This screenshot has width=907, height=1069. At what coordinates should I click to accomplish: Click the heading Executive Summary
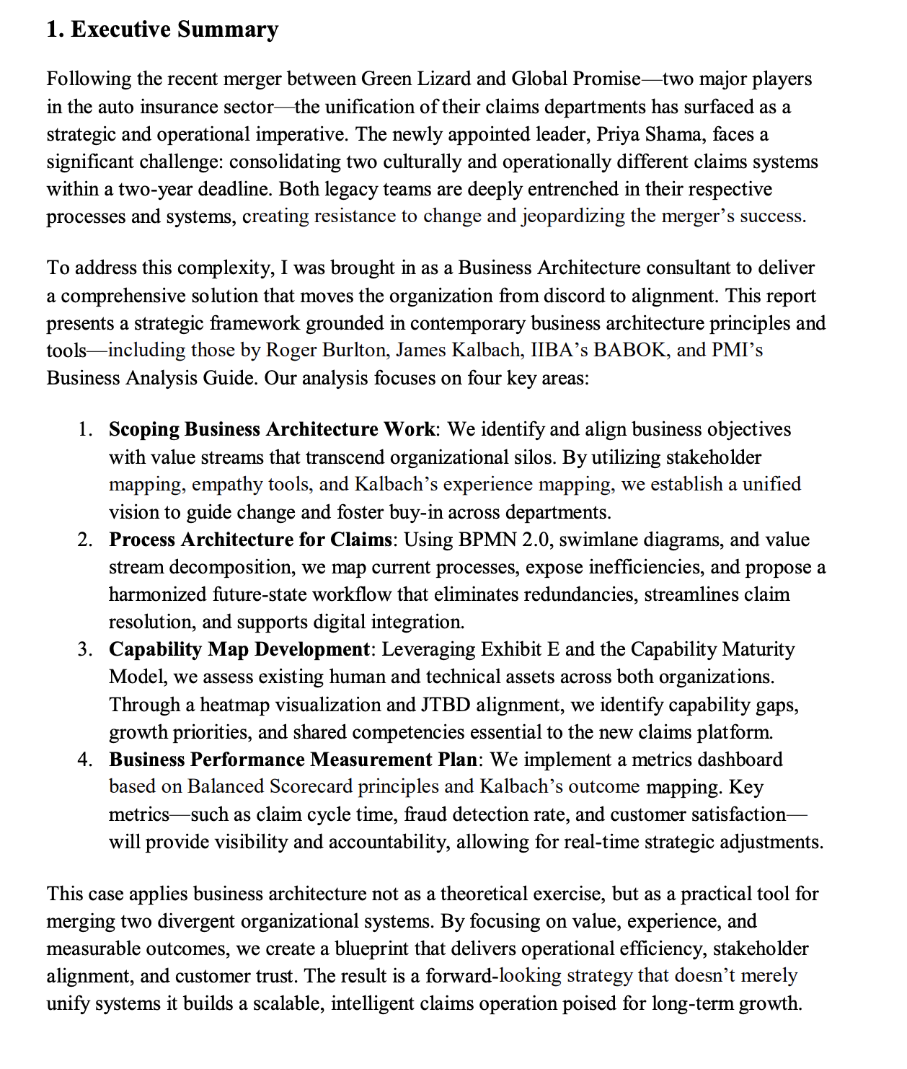(162, 30)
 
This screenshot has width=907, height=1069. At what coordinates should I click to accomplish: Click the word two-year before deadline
(156, 189)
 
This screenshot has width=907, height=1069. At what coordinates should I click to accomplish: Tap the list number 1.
(84, 429)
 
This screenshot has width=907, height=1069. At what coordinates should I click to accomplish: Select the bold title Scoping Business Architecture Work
(272, 429)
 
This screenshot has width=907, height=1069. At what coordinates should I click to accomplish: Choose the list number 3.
(84, 649)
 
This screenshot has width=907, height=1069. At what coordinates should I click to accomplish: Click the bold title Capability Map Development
(239, 649)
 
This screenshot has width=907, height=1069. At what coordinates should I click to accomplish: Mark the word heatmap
(234, 704)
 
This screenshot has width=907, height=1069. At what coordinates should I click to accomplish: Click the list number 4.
(84, 760)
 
